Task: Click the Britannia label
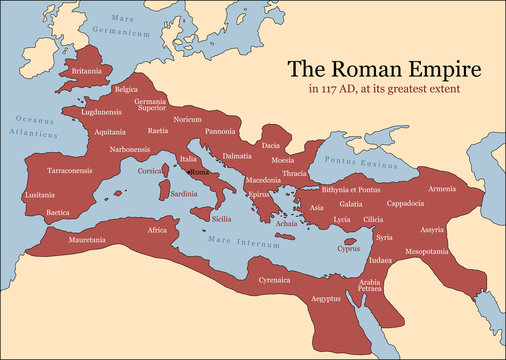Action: tap(83, 73)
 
